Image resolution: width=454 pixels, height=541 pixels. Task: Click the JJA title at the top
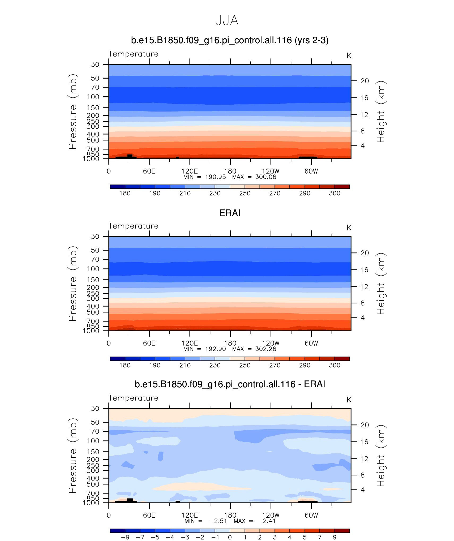pyautogui.click(x=227, y=20)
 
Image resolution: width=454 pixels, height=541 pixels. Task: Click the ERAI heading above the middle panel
pyautogui.click(x=230, y=213)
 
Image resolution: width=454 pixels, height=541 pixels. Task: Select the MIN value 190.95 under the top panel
pyautogui.click(x=215, y=177)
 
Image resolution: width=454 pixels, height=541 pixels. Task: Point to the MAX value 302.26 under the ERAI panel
pyautogui.click(x=265, y=349)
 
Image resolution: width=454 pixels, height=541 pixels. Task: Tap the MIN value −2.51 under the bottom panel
pyautogui.click(x=218, y=521)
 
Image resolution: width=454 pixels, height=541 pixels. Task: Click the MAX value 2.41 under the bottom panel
pyautogui.click(x=269, y=521)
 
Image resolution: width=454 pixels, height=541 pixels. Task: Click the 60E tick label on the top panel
pyautogui.click(x=149, y=171)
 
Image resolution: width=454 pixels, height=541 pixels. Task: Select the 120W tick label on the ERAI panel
pyautogui.click(x=271, y=343)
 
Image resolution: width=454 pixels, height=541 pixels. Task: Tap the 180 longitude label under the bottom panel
pyautogui.click(x=230, y=515)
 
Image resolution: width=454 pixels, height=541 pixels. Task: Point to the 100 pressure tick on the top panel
pyautogui.click(x=93, y=97)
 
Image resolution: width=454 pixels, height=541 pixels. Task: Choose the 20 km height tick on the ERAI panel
pyautogui.click(x=365, y=253)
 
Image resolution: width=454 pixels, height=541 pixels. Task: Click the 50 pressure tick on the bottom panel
pyautogui.click(x=95, y=422)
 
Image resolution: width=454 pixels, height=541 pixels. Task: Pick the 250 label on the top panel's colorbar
pyautogui.click(x=245, y=193)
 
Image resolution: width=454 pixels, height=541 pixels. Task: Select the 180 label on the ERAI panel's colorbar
pyautogui.click(x=125, y=365)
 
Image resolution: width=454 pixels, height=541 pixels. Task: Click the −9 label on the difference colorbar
pyautogui.click(x=125, y=537)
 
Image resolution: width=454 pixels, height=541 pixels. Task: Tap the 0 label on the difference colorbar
pyautogui.click(x=230, y=537)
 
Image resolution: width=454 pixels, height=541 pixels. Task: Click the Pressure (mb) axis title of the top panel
pyautogui.click(x=72, y=111)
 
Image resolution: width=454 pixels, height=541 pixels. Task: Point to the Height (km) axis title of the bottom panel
pyautogui.click(x=381, y=456)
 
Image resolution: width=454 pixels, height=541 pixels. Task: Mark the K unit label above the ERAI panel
pyautogui.click(x=349, y=228)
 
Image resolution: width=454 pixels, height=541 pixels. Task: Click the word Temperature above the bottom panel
pyautogui.click(x=133, y=398)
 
